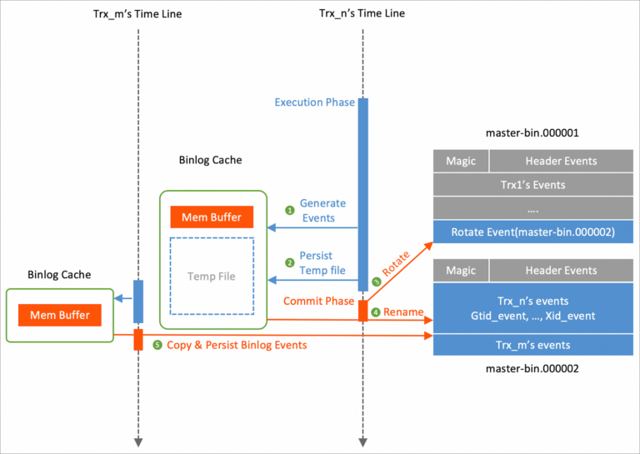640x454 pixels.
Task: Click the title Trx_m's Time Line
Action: click(x=137, y=13)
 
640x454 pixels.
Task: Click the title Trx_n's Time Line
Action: click(x=362, y=13)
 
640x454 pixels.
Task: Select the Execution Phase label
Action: click(x=314, y=102)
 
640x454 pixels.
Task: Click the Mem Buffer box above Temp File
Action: click(x=212, y=217)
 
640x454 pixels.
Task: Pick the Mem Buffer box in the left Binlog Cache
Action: click(x=60, y=316)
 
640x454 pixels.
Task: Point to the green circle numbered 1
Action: click(x=289, y=211)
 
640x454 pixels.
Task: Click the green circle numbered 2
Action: click(x=289, y=262)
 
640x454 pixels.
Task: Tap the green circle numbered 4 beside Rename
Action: click(x=375, y=312)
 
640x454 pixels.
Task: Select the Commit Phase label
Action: click(x=319, y=300)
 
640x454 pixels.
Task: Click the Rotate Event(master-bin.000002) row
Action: click(x=532, y=232)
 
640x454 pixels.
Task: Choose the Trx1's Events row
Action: click(x=532, y=184)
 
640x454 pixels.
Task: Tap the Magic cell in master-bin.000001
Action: click(x=461, y=161)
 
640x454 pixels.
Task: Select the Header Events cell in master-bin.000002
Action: click(x=561, y=271)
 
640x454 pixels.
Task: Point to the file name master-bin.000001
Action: click(x=532, y=132)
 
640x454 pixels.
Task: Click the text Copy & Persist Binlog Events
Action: click(x=237, y=345)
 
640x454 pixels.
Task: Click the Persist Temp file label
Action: click(x=322, y=263)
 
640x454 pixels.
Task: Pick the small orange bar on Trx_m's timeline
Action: click(x=138, y=339)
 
